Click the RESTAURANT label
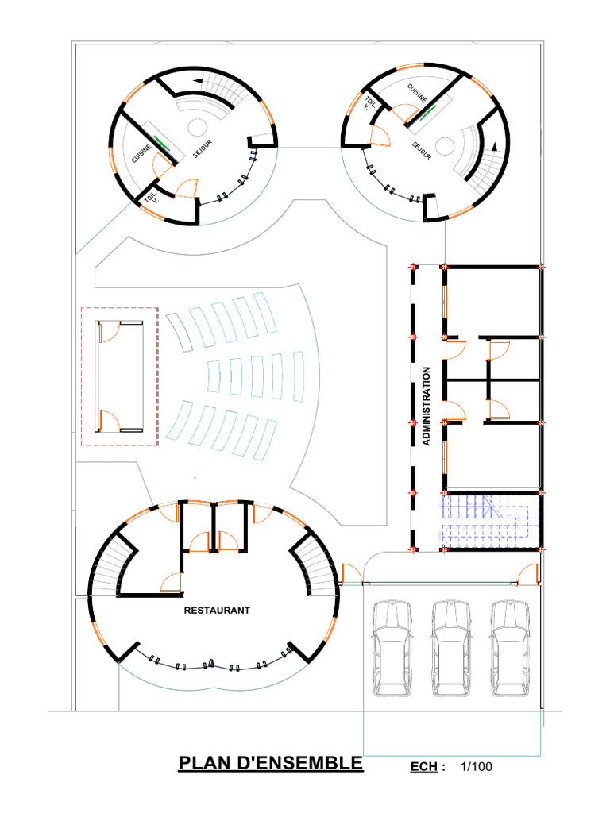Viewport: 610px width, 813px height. [217, 611]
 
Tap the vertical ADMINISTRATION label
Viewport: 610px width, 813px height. [427, 405]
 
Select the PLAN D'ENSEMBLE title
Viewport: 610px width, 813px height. [270, 764]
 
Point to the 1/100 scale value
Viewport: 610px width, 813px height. [476, 767]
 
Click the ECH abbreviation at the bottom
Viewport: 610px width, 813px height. [424, 768]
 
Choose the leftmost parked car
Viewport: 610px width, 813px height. [392, 646]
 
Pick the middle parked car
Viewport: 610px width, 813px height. [450, 646]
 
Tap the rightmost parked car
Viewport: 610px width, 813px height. [508, 646]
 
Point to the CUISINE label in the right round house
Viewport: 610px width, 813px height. [418, 93]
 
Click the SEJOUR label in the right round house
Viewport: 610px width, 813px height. [422, 151]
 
